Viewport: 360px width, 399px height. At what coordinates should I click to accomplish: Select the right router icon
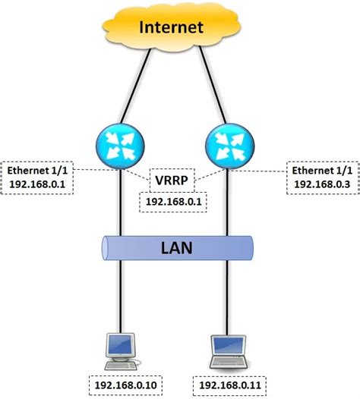[229, 143]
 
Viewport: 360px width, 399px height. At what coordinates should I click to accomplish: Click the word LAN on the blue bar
[177, 247]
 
